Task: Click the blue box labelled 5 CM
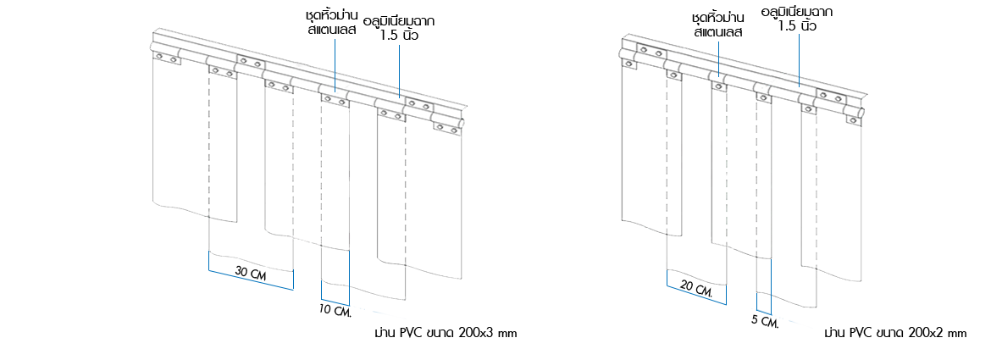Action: tap(782, 318)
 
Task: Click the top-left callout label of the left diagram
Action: tap(332, 23)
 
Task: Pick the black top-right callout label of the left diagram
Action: tap(399, 26)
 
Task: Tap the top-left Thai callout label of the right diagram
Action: tap(717, 25)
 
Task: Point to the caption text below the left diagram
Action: tap(446, 334)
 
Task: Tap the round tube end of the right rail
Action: tap(862, 113)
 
